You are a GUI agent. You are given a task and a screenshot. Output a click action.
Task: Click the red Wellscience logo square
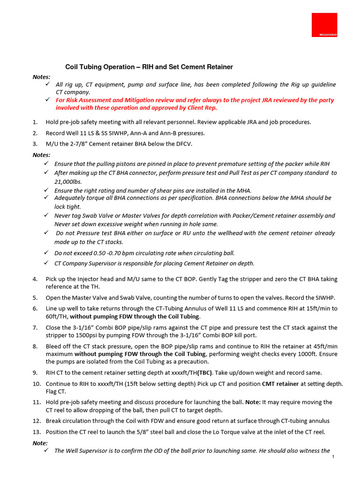click(x=324, y=25)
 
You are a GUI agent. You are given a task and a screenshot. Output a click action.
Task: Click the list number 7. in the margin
click(x=36, y=327)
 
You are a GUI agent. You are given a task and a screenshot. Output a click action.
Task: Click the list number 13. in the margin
click(x=37, y=432)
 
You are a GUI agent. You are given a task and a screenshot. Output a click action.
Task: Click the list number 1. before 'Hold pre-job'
click(x=36, y=122)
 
